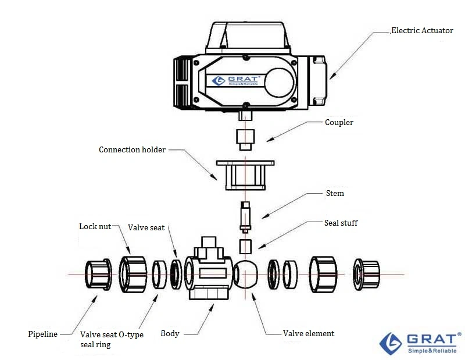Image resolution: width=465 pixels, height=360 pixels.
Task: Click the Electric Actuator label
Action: [x=422, y=30]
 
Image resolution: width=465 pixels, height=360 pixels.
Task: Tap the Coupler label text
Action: [x=339, y=123]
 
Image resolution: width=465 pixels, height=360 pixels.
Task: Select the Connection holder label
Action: [x=132, y=149]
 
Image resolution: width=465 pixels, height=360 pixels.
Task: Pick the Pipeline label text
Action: [x=43, y=334]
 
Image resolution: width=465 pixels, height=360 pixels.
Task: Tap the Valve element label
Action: [x=309, y=333]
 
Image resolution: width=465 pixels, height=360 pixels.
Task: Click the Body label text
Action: [x=170, y=334]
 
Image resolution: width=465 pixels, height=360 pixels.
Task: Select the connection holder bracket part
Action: [x=245, y=174]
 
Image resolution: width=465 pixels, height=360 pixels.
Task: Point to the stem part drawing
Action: [x=245, y=216]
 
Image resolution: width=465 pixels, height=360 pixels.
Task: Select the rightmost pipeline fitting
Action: [x=367, y=273]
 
